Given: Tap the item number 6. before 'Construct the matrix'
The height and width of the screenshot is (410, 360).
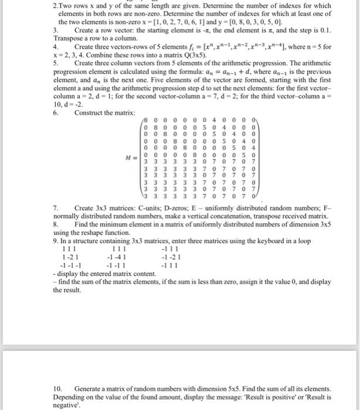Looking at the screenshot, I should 56,112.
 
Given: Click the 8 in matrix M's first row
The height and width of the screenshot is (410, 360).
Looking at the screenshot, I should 147,121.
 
